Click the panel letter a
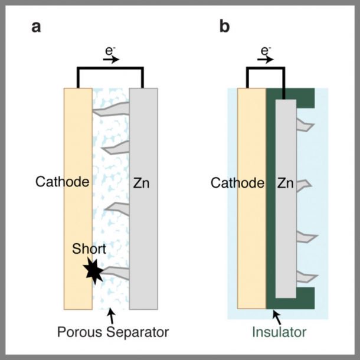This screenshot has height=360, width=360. pos(36,27)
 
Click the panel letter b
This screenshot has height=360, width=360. pos(224,26)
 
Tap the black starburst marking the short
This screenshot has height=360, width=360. pos(93,271)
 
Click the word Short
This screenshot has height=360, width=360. pos(89,248)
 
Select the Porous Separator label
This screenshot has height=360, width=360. pos(113,332)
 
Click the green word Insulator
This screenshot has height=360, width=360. pos(279,332)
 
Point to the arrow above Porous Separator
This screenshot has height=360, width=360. pos(112,316)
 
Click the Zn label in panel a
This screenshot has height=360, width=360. pos(142,184)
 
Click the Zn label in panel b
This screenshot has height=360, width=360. pos(286,184)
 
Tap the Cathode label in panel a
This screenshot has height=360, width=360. pos(62,182)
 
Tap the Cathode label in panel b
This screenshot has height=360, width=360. pos(237,183)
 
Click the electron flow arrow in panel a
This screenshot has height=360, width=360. pos(111,60)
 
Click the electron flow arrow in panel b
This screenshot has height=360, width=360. pos(266,60)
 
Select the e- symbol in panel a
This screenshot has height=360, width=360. pos(110,51)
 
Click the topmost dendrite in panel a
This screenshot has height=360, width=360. pos(112,109)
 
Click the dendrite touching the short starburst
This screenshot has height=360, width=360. pos(115,273)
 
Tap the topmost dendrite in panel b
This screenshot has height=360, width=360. pos(305,125)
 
